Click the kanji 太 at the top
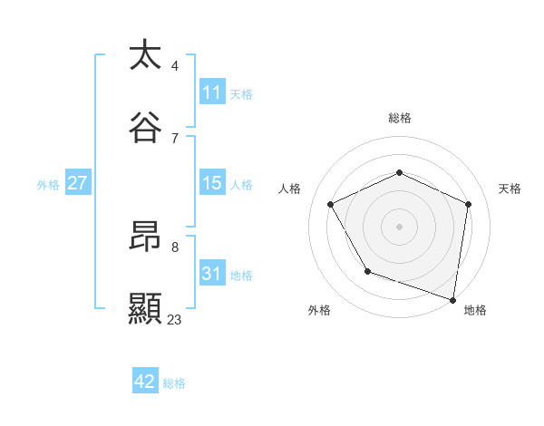click(145, 55)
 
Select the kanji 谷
click(145, 128)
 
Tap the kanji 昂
click(145, 237)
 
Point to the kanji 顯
click(145, 309)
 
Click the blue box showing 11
click(211, 92)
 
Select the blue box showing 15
click(211, 183)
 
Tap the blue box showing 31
click(211, 274)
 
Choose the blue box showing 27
click(77, 183)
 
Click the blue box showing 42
click(145, 382)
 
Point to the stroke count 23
click(175, 319)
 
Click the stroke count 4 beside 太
click(175, 65)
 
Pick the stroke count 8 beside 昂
click(175, 247)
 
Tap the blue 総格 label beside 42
click(174, 383)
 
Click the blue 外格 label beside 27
click(48, 184)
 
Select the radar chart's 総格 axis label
click(399, 118)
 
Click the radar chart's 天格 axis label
click(510, 189)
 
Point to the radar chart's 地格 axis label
click(475, 310)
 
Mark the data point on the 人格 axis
click(331, 205)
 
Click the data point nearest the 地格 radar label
click(453, 299)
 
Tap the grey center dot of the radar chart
click(399, 227)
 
